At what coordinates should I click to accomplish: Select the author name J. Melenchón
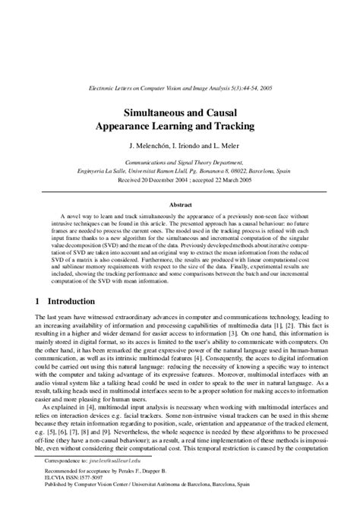(142, 144)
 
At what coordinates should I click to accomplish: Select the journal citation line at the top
(179, 89)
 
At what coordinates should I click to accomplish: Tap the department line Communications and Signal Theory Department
(179, 163)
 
